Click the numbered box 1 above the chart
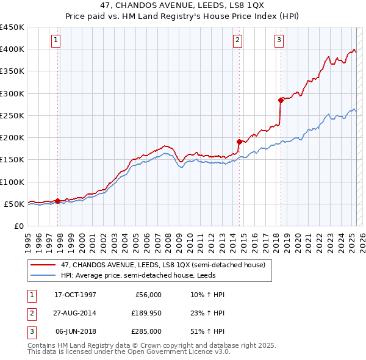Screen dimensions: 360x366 tap(56, 41)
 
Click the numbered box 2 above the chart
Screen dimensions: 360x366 tap(237, 41)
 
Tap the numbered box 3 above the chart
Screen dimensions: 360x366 tap(279, 41)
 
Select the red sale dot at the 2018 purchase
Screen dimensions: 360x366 tap(281, 100)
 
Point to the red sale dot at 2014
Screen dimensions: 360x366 tap(240, 142)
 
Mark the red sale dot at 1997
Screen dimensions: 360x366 tap(57, 201)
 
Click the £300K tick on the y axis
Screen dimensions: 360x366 tap(12, 93)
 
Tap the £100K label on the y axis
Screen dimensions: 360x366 tap(12, 182)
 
